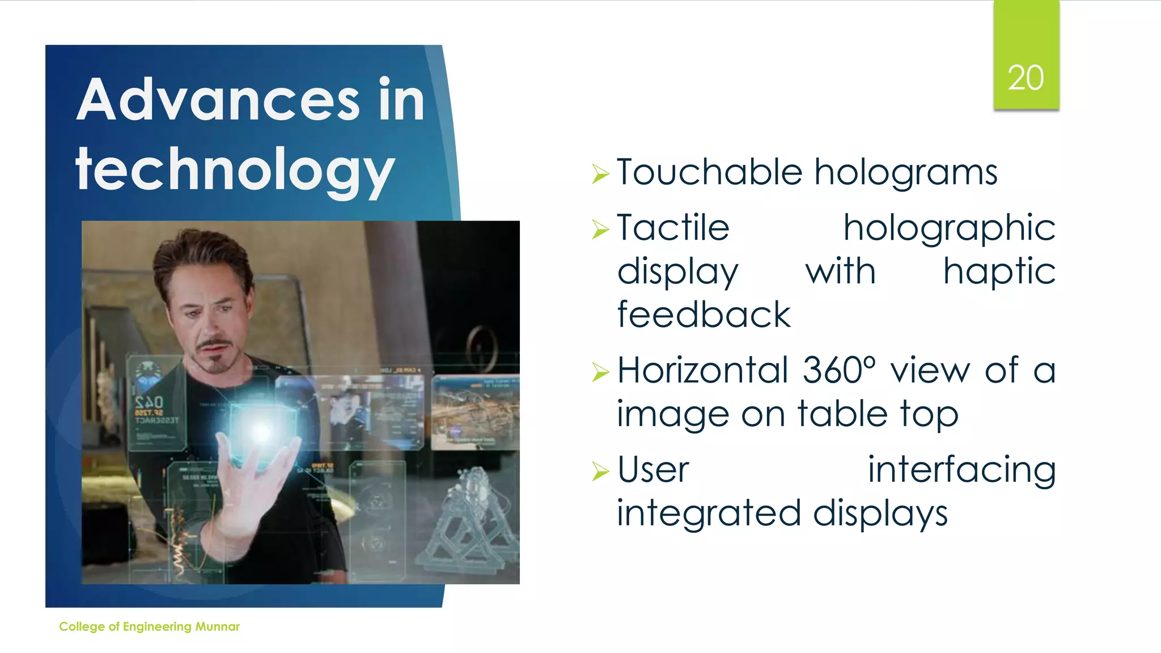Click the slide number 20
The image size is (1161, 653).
pyautogui.click(x=1026, y=78)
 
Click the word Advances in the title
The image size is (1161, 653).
pyautogui.click(x=218, y=100)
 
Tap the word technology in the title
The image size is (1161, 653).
pyautogui.click(x=235, y=169)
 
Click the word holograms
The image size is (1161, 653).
pyautogui.click(x=906, y=173)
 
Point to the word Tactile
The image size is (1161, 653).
pyautogui.click(x=673, y=228)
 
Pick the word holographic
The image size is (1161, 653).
pyautogui.click(x=949, y=229)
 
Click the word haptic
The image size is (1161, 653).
pyautogui.click(x=999, y=272)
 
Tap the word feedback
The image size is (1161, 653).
pyautogui.click(x=704, y=315)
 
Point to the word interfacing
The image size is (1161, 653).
pyautogui.click(x=961, y=470)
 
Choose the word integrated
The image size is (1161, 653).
pyautogui.click(x=709, y=513)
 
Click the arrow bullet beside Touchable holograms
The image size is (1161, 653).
pyautogui.click(x=600, y=173)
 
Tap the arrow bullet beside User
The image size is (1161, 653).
pyautogui.click(x=600, y=471)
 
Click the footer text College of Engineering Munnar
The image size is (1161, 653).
pyautogui.click(x=149, y=626)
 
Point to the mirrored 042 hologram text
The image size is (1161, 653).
pyautogui.click(x=149, y=403)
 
